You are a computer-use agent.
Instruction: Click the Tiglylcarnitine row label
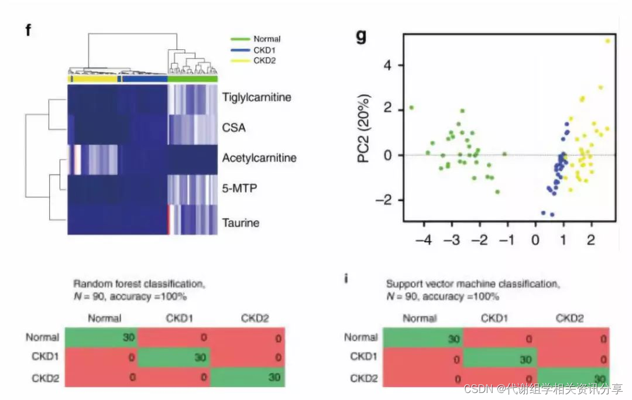click(x=256, y=97)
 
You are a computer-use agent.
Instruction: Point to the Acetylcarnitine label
click(x=259, y=158)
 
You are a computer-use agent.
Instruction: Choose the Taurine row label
click(x=241, y=223)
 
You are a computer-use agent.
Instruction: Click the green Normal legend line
click(x=240, y=39)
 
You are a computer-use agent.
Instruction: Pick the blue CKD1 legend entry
click(x=240, y=49)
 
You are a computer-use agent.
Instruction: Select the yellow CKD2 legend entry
click(x=240, y=60)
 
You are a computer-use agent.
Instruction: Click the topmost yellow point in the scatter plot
click(x=607, y=41)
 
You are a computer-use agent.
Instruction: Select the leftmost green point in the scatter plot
click(x=411, y=108)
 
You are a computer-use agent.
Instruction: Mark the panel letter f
click(x=28, y=30)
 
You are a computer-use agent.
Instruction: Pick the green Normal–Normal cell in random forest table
click(x=101, y=337)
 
